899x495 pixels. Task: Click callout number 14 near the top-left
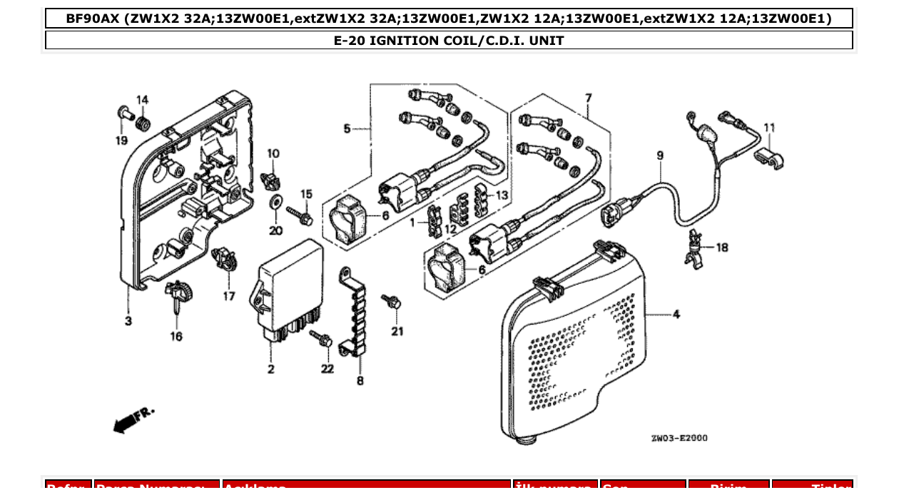(x=142, y=100)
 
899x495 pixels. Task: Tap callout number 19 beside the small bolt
(x=122, y=141)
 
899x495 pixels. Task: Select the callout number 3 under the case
(x=128, y=322)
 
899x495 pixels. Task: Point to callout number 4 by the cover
(x=675, y=314)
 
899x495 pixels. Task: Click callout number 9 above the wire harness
(x=660, y=155)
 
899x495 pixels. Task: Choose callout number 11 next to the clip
(x=769, y=128)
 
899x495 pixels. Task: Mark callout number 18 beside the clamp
(x=722, y=247)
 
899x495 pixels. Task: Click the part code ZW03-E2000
(x=679, y=438)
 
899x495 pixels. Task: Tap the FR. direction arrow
(x=133, y=419)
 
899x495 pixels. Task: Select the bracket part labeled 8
(x=353, y=314)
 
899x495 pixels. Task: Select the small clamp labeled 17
(x=226, y=258)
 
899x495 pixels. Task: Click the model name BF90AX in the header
(x=93, y=19)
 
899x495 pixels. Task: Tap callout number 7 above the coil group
(x=589, y=98)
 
